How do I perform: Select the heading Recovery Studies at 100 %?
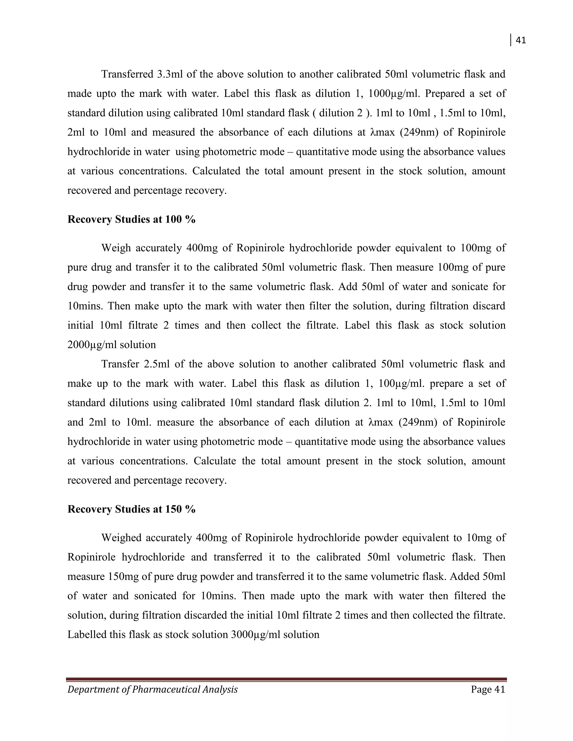[x=131, y=220]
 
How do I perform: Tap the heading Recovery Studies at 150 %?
[x=131, y=509]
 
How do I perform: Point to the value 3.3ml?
[x=170, y=74]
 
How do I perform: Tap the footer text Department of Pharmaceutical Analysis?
[x=152, y=690]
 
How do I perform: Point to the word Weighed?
[x=121, y=538]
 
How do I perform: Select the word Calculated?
[x=217, y=171]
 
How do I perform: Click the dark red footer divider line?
[x=286, y=679]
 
